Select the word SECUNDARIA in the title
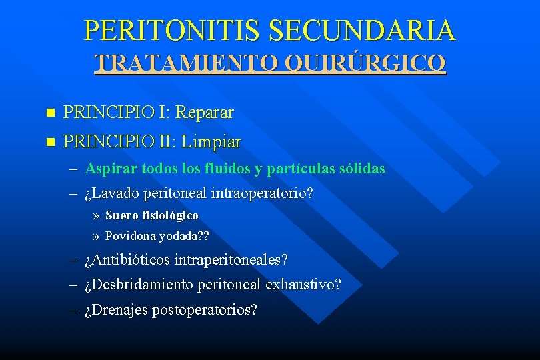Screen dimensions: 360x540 coord(363,30)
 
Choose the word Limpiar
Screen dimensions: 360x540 coord(212,142)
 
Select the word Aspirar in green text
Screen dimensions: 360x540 coord(108,169)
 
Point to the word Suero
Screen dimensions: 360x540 coord(121,215)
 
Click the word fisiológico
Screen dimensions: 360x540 coord(170,215)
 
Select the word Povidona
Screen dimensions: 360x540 coord(129,236)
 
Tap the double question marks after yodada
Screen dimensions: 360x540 coord(202,236)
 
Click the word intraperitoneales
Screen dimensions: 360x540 coord(229,260)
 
